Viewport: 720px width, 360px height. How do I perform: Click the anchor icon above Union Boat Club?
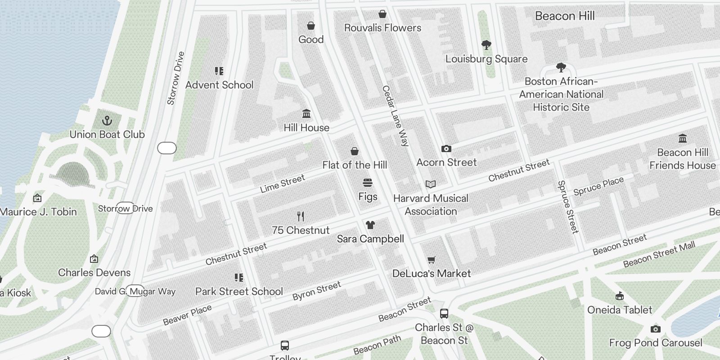click(x=107, y=121)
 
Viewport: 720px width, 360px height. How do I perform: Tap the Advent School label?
click(x=219, y=85)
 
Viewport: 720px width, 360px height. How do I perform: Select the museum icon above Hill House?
click(x=306, y=113)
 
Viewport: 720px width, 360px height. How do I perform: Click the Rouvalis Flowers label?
click(x=382, y=28)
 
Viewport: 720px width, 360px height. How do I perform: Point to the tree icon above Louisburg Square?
click(x=486, y=45)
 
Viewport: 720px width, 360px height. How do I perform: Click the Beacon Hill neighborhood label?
click(x=565, y=16)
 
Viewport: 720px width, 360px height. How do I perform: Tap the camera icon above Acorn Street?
click(x=446, y=148)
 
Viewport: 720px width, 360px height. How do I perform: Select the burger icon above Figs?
click(x=368, y=183)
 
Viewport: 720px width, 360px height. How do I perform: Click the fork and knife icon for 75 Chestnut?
click(x=301, y=216)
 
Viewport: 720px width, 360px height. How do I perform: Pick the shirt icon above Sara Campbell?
click(x=370, y=225)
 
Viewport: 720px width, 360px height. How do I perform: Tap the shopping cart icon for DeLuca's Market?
click(x=431, y=260)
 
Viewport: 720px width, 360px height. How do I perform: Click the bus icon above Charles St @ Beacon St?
click(x=444, y=313)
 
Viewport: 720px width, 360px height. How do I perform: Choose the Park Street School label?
click(x=239, y=292)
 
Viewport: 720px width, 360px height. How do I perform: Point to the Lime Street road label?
click(x=282, y=184)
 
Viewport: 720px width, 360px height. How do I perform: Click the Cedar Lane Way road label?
click(x=395, y=116)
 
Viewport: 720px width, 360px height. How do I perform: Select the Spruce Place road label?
click(x=598, y=186)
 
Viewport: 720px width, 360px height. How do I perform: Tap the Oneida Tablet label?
click(x=620, y=310)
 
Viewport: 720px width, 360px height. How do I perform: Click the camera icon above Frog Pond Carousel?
click(x=655, y=329)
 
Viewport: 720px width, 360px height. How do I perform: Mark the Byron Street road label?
click(x=316, y=291)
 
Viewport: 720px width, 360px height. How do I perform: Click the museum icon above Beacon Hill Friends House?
click(x=682, y=138)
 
